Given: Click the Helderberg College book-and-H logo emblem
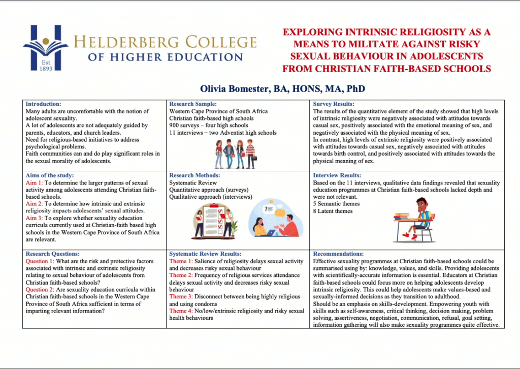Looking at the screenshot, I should (x=46, y=47).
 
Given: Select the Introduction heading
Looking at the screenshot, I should (x=43, y=104).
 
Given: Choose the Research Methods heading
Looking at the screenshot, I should (x=194, y=175).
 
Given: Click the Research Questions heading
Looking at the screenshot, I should (x=52, y=254).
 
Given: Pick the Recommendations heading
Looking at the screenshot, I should (x=339, y=254).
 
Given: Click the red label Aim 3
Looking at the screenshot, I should (x=34, y=218).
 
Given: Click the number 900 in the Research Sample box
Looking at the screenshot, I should (x=175, y=126).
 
